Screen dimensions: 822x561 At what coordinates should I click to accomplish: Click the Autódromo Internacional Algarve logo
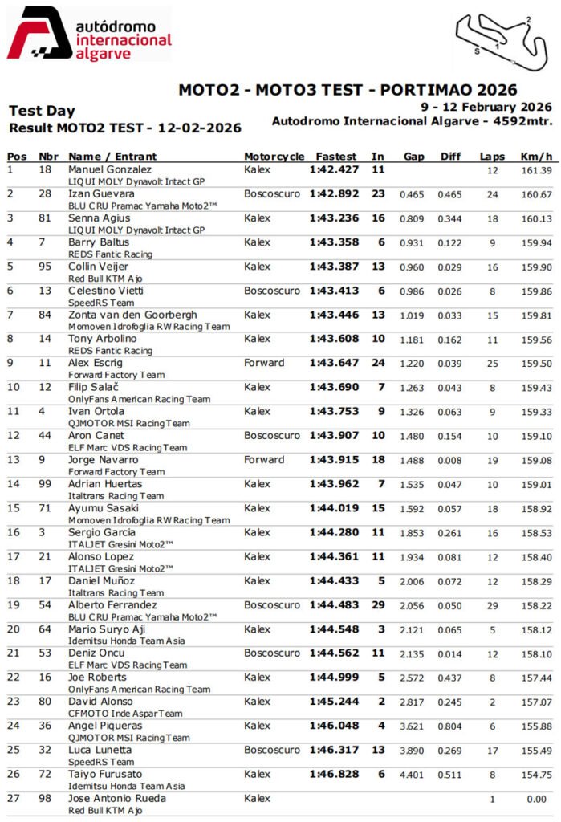click(x=89, y=34)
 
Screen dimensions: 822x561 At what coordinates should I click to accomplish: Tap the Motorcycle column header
click(x=274, y=157)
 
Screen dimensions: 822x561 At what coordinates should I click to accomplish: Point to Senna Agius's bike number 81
click(x=45, y=218)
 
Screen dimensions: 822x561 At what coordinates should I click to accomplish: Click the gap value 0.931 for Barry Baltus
click(x=413, y=242)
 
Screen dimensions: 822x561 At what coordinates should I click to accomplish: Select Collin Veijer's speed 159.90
click(x=536, y=267)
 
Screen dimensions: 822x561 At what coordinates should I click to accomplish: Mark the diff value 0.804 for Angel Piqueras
click(x=449, y=726)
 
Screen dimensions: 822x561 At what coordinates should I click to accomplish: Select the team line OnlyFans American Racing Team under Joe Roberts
click(x=139, y=689)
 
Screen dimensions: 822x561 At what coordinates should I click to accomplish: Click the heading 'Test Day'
click(x=42, y=111)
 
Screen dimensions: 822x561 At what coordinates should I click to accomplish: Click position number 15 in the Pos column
click(x=13, y=508)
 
